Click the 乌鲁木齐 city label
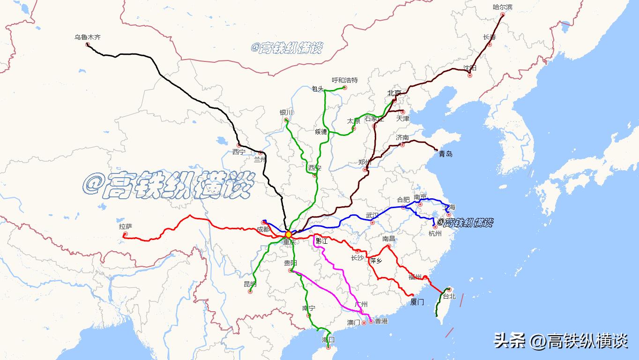pyautogui.click(x=88, y=37)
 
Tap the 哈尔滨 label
pyautogui.click(x=503, y=7)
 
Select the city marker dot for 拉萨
pyautogui.click(x=125, y=234)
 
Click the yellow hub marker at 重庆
pyautogui.click(x=289, y=234)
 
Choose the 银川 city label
pyautogui.click(x=286, y=112)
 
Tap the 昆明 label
pyautogui.click(x=250, y=284)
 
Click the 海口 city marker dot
pyautogui.click(x=328, y=347)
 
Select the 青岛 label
pyautogui.click(x=446, y=154)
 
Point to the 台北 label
pyautogui.click(x=449, y=296)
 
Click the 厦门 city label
pyautogui.click(x=417, y=302)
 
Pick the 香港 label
pyautogui.click(x=381, y=321)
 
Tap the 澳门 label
pyautogui.click(x=353, y=322)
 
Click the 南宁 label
pyautogui.click(x=308, y=308)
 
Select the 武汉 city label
pyautogui.click(x=372, y=215)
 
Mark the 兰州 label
pyautogui.click(x=260, y=159)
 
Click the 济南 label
pyautogui.click(x=402, y=137)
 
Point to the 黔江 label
pyautogui.click(x=322, y=241)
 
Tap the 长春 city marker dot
pyautogui.click(x=490, y=45)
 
